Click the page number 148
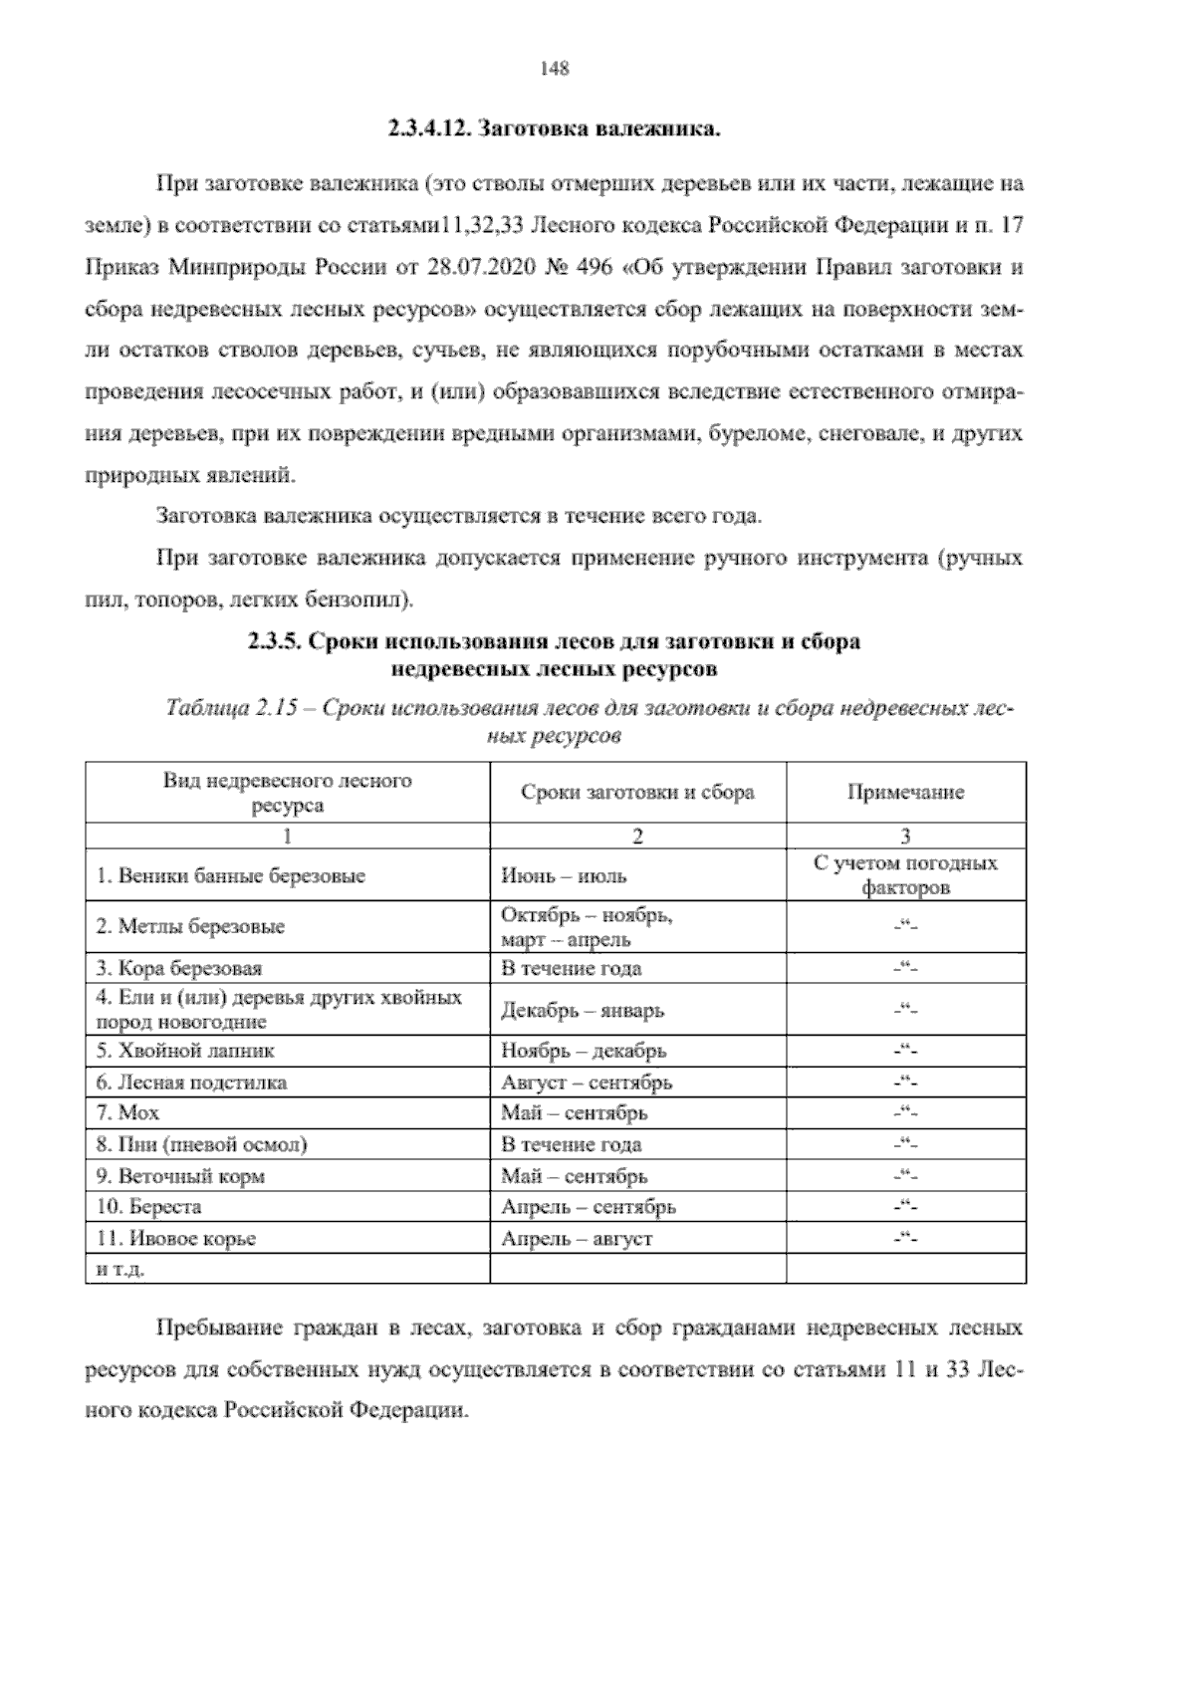[554, 69]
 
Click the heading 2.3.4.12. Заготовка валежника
[554, 129]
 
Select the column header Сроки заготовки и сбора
[637, 793]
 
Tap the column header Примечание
[905, 793]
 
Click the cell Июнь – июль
[551, 876]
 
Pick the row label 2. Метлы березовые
[190, 926]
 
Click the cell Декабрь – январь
[583, 1010]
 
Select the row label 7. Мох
[127, 1112]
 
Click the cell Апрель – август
[577, 1239]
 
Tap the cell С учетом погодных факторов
[905, 875]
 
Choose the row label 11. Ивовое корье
[176, 1239]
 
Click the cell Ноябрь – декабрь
[584, 1051]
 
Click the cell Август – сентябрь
[587, 1082]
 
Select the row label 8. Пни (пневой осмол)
[202, 1144]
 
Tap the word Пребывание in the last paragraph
[218, 1328]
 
